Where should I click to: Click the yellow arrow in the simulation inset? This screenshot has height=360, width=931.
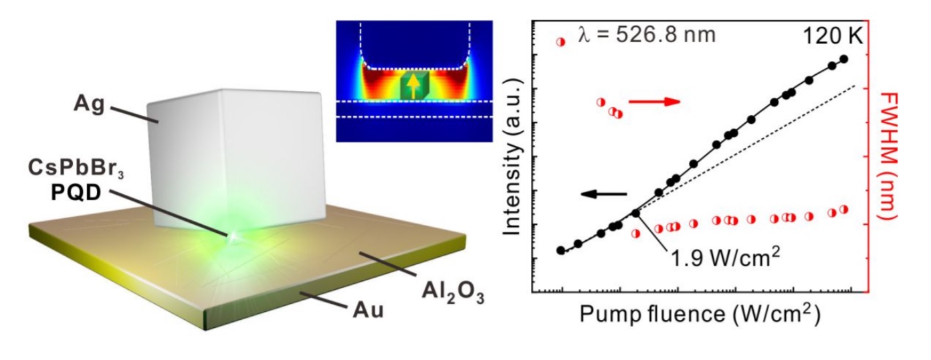(415, 85)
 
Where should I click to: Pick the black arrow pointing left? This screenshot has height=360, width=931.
(603, 194)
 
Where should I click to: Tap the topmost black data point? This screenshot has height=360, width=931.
(844, 59)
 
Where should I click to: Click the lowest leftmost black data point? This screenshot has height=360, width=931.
(561, 250)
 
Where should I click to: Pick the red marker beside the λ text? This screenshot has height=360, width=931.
(560, 41)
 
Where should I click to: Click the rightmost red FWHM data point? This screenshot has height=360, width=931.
(843, 209)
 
